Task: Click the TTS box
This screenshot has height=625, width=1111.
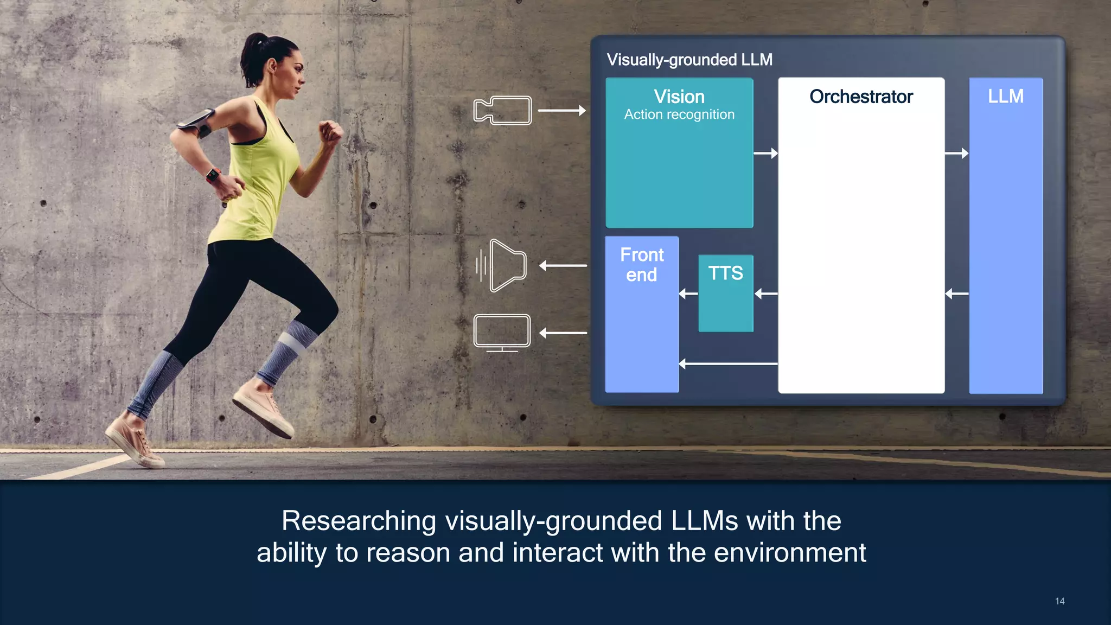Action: click(725, 293)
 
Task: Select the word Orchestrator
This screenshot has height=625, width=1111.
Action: click(861, 97)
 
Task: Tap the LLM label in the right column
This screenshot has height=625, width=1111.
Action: click(1005, 96)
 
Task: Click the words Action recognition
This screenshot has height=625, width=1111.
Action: click(679, 114)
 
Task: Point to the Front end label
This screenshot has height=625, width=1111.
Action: click(642, 265)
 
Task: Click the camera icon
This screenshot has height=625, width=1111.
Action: click(502, 110)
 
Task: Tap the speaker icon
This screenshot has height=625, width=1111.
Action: click(502, 265)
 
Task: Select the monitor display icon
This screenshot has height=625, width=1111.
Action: click(502, 332)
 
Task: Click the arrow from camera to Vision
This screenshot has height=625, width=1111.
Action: click(561, 111)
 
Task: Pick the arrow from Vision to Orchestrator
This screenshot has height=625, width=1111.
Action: click(765, 154)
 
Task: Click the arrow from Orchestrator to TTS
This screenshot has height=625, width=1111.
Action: click(765, 294)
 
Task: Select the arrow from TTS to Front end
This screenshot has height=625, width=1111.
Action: click(688, 294)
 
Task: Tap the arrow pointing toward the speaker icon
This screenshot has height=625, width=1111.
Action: click(563, 266)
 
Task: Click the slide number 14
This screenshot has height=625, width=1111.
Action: click(1059, 601)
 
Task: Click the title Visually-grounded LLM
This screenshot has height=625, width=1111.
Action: click(689, 60)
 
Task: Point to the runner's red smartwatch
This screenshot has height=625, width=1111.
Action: click(213, 175)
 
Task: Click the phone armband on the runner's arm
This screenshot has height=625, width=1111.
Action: click(196, 123)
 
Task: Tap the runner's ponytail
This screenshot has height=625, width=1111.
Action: click(253, 60)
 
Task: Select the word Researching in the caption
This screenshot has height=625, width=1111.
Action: click(359, 521)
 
